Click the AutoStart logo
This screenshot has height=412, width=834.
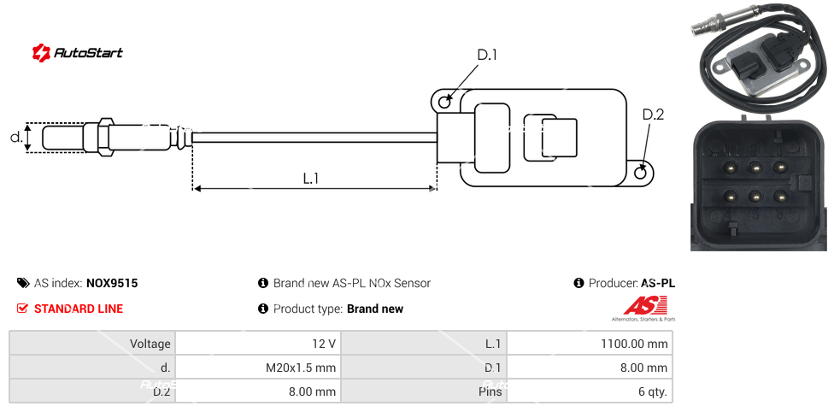(78, 53)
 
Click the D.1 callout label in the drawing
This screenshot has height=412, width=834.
(486, 56)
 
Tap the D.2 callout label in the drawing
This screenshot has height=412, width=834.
(653, 115)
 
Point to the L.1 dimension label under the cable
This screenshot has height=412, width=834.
(311, 179)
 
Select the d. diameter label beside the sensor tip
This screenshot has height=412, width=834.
(15, 137)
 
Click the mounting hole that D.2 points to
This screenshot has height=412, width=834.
(642, 173)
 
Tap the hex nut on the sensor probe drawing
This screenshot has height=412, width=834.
(106, 137)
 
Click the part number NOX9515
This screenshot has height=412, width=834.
(112, 283)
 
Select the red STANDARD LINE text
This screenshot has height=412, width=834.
(79, 309)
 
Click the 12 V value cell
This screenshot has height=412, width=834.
(256, 344)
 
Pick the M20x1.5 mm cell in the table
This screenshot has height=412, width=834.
(256, 368)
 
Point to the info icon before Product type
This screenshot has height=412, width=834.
(263, 309)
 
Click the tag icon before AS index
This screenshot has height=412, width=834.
(22, 283)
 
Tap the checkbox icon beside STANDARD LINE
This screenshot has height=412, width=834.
(23, 309)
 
